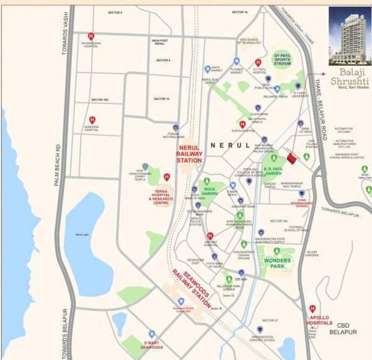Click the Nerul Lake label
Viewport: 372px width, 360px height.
tap(82, 235)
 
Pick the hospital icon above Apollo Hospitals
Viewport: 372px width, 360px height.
tap(313, 308)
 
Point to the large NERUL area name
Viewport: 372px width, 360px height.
tap(230, 145)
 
